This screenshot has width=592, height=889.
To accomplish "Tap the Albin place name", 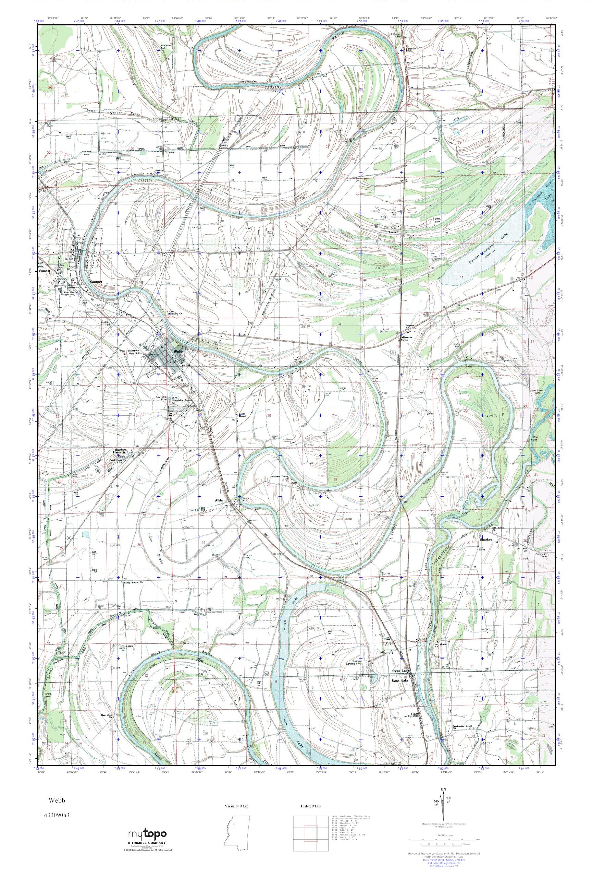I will click(x=219, y=500).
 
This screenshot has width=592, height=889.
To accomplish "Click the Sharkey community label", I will click(x=485, y=540).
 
